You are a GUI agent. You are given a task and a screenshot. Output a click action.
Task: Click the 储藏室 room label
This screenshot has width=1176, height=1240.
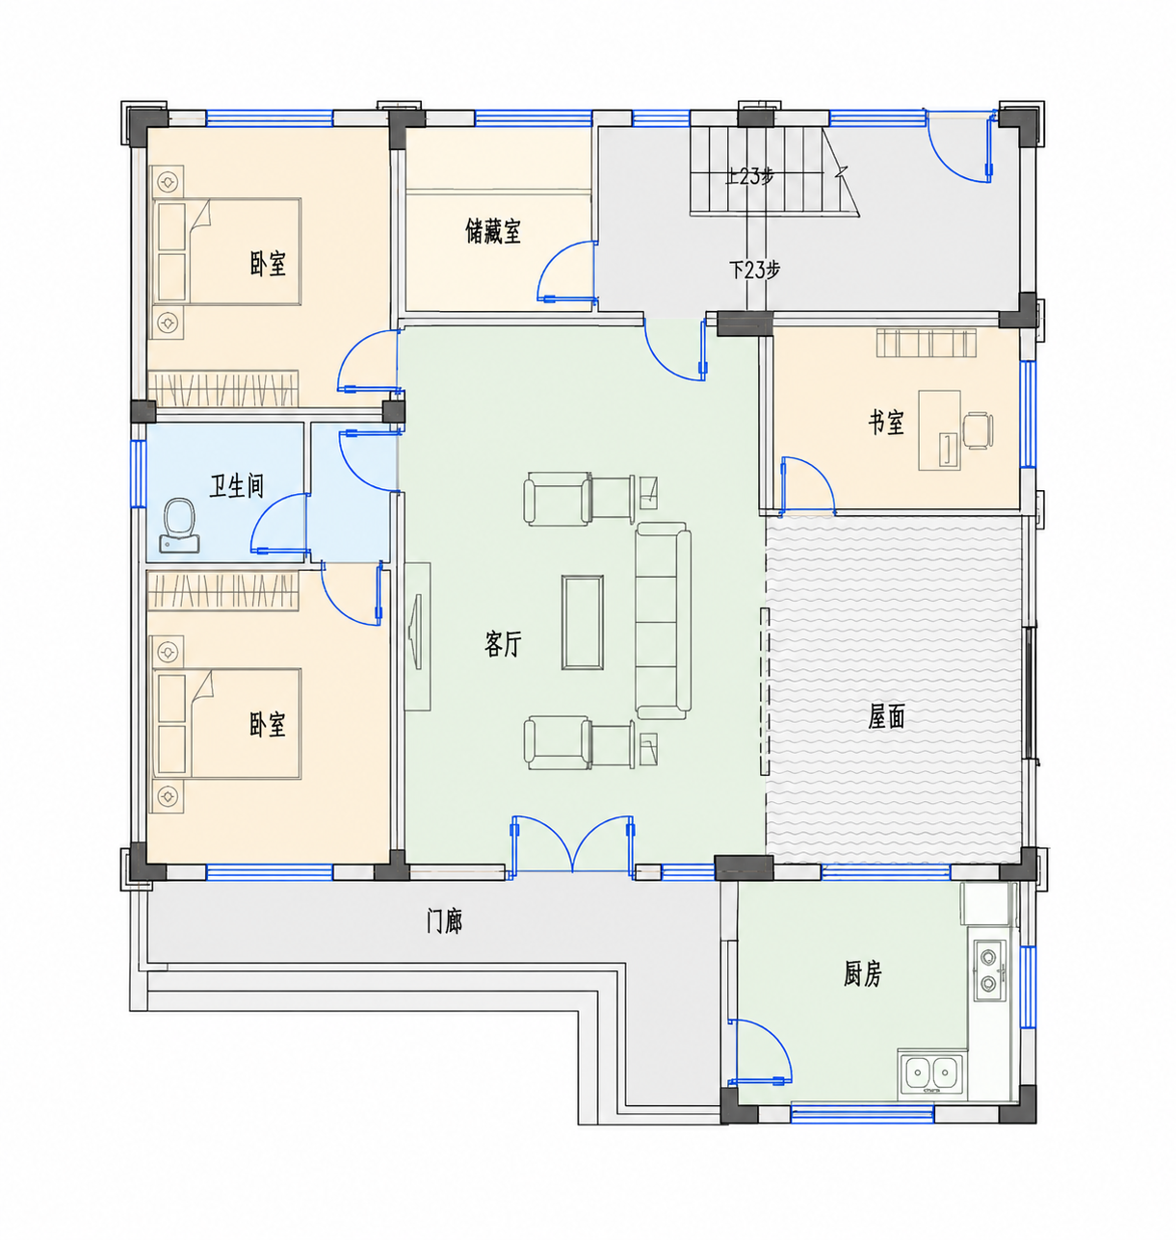(493, 231)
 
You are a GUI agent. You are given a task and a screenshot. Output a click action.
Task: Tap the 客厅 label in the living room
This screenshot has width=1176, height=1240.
(503, 644)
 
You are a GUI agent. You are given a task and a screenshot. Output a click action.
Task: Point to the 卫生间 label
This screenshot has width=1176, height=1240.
(236, 485)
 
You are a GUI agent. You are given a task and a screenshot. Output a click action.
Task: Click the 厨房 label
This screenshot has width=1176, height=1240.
(862, 973)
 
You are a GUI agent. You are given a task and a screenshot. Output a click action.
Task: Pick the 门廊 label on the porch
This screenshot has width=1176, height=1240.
(444, 921)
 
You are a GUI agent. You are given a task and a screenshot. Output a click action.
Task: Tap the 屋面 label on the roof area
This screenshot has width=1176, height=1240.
(886, 716)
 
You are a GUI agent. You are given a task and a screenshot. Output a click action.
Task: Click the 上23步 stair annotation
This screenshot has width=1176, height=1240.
(748, 177)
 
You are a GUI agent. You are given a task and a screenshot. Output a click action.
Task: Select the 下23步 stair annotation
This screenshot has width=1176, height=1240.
(754, 270)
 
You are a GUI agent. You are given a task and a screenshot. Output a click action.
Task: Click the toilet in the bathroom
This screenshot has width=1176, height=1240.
(179, 527)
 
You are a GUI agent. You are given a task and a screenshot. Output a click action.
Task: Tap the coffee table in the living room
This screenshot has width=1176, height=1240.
(582, 622)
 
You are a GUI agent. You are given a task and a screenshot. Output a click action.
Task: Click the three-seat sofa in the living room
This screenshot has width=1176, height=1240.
(663, 621)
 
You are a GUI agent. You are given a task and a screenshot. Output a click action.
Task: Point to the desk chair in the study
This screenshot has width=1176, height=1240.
(978, 430)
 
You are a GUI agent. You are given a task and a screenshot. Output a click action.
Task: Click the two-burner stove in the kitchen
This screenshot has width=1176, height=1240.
(989, 969)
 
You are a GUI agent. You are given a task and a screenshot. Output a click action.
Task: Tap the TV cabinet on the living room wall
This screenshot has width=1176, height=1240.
(417, 636)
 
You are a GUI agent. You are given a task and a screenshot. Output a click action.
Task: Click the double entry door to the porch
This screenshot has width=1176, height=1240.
(572, 844)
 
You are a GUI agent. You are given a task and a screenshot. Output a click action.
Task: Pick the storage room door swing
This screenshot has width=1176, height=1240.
(567, 271)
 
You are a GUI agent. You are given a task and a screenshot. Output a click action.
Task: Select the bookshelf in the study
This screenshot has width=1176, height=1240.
(926, 343)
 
